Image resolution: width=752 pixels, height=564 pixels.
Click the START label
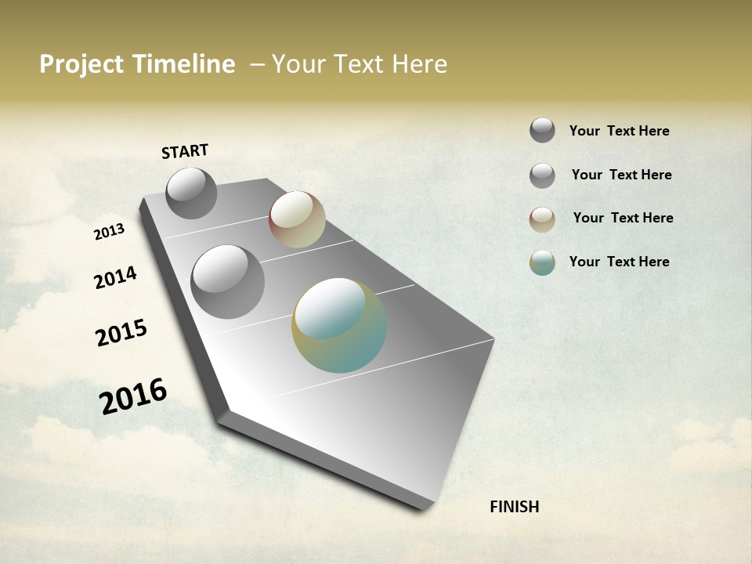coord(185,151)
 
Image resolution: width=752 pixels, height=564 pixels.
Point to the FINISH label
coord(514,507)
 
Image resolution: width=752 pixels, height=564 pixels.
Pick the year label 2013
coord(109,232)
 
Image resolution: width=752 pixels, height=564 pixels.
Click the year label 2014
coord(115,277)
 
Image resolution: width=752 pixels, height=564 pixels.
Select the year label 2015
coord(121,333)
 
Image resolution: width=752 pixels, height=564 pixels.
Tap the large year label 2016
coord(133,396)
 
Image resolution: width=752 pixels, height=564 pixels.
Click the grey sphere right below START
coord(191,193)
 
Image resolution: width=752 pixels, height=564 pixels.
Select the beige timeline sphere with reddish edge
coord(297,219)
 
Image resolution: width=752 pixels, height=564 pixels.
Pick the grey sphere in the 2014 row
coord(227,282)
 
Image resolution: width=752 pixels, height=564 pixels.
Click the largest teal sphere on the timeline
coord(339,325)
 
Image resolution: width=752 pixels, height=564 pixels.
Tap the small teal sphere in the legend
coord(542,262)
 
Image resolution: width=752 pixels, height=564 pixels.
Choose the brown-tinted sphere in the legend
coord(542,219)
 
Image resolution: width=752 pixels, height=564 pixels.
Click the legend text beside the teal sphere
coord(619,262)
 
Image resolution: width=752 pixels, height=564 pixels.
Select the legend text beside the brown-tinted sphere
coord(623,218)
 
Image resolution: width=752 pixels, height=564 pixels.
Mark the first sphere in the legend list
coord(542,130)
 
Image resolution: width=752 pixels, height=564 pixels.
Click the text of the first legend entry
coord(619,132)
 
